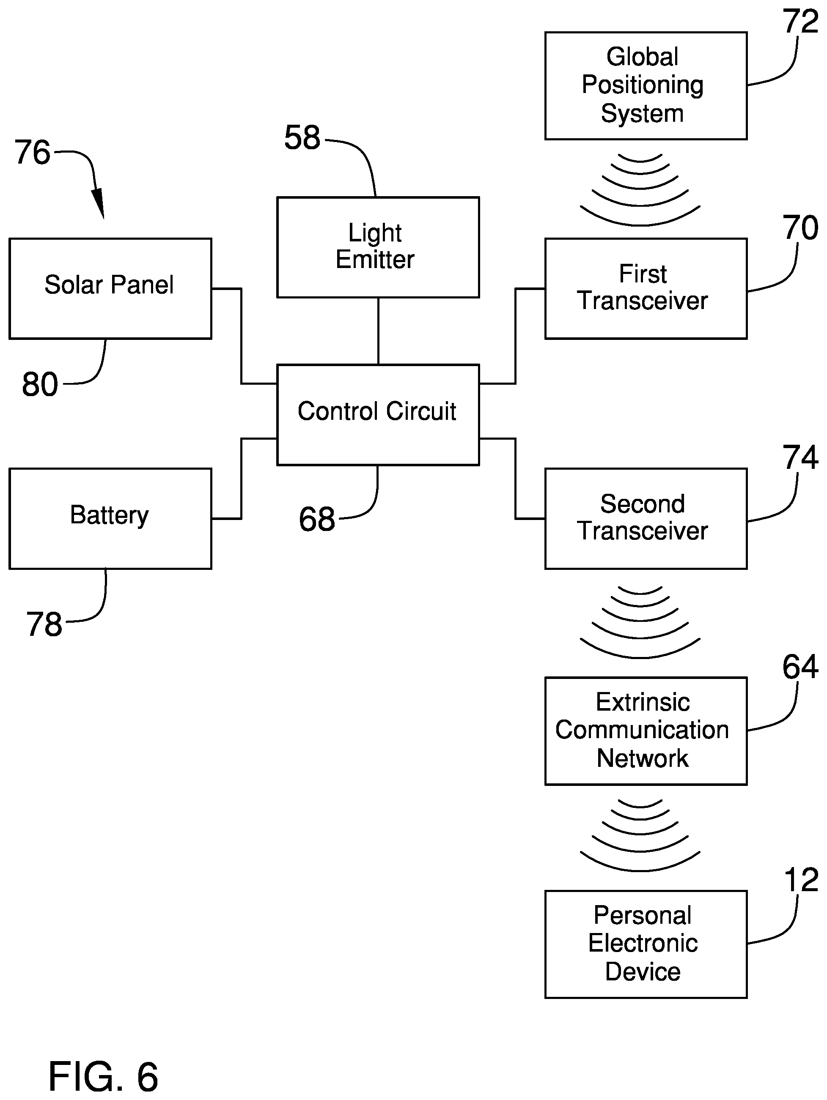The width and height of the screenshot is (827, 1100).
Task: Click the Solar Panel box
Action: tap(110, 289)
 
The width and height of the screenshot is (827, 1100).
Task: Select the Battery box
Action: tap(110, 519)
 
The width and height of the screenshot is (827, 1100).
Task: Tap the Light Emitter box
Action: tap(378, 248)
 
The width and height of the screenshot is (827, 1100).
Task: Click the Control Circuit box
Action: tap(378, 415)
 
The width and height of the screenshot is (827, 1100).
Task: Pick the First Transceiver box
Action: tap(646, 289)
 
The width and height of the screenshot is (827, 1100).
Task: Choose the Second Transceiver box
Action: tap(646, 519)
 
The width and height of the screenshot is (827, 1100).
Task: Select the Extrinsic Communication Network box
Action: tap(646, 731)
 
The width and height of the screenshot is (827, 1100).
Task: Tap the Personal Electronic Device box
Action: tap(646, 944)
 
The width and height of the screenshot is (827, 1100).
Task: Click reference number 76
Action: tap(32, 152)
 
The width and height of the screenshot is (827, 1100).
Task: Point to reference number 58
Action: tap(302, 138)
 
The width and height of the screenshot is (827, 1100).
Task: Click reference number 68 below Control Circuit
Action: tap(317, 519)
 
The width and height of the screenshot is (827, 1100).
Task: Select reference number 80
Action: tap(40, 384)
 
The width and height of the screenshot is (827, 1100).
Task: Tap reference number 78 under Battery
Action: tap(44, 624)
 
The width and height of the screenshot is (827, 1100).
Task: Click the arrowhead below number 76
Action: tap(99, 203)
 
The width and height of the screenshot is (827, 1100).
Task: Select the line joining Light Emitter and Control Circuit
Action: tap(378, 331)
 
